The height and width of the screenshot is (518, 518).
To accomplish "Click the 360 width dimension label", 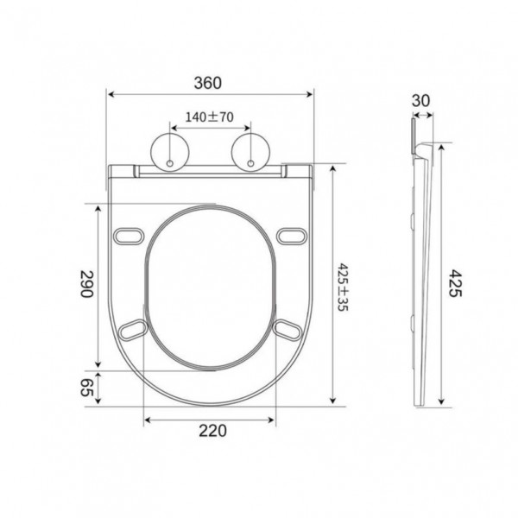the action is (x=207, y=83).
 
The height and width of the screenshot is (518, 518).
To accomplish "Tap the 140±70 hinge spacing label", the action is (x=209, y=117).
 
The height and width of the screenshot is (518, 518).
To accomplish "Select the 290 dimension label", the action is (x=87, y=284).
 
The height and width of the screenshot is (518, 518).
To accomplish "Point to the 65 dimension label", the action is (x=87, y=387).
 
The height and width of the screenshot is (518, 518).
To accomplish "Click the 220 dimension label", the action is (x=212, y=431).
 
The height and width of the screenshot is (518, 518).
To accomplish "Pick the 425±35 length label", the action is (x=343, y=287).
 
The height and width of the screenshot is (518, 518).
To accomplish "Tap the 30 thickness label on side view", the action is (x=421, y=101).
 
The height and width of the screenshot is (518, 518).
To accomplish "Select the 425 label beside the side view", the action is (x=455, y=283).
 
